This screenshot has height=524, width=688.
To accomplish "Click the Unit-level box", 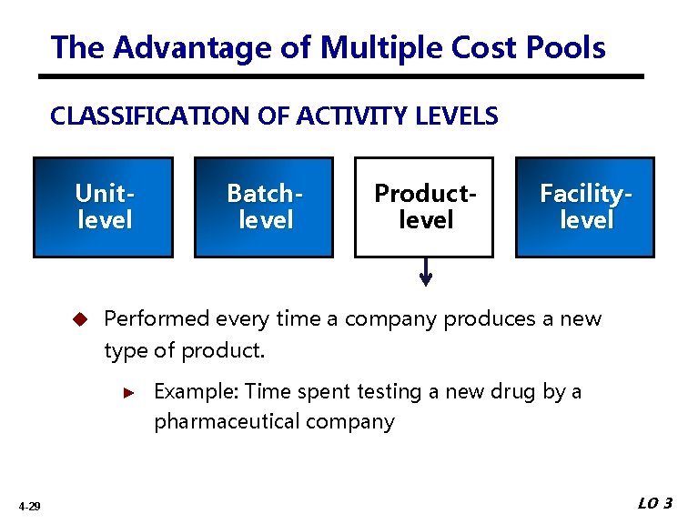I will click(103, 207).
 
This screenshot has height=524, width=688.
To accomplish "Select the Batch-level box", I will click(264, 207).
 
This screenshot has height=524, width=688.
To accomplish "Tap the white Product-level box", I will click(424, 207).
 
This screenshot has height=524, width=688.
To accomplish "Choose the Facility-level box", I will click(585, 207).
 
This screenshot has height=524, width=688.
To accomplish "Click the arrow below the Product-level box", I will click(425, 272).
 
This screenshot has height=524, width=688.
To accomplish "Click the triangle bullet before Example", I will click(129, 392).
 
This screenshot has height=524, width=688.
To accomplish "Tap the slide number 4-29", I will click(28, 506).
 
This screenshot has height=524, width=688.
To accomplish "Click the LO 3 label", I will click(654, 504).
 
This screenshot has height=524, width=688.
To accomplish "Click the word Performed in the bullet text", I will click(157, 319).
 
